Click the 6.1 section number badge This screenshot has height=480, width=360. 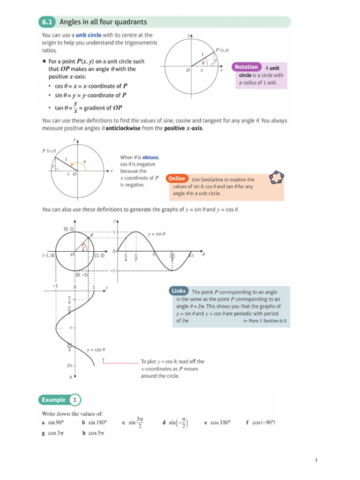tap(47, 22)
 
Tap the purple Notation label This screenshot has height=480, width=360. tap(246, 67)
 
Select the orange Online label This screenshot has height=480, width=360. tap(177, 179)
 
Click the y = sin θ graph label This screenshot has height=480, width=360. tap(157, 233)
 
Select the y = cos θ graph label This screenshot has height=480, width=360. tap(96, 350)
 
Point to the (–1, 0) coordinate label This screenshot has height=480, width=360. tap(48, 255)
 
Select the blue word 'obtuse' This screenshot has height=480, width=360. tap(147, 157)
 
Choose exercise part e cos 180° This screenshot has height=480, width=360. tap(218, 422)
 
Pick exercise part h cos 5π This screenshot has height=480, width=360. tap(93, 434)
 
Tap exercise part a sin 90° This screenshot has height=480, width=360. tap(52, 422)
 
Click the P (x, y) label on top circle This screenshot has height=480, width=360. tap(222, 50)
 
